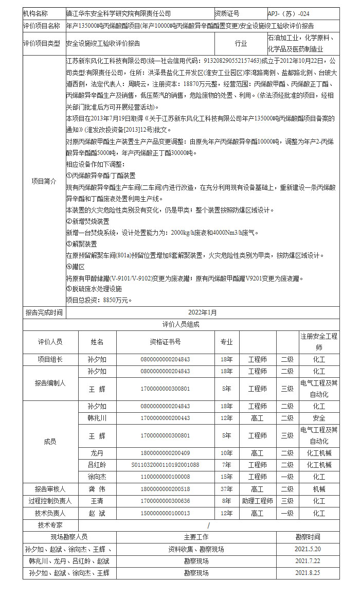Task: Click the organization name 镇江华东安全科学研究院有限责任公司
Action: click(x=119, y=14)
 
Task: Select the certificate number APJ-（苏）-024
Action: click(x=289, y=14)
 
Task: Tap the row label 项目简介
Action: click(x=44, y=181)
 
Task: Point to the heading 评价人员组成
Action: click(x=181, y=324)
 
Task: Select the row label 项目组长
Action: click(x=50, y=359)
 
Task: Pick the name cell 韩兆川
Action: click(x=97, y=418)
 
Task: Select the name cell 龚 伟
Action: click(x=97, y=488)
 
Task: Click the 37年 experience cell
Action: click(x=227, y=488)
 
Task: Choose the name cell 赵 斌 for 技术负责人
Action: click(x=97, y=513)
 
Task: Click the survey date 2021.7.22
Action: click(x=308, y=560)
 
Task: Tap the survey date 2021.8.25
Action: click(x=308, y=572)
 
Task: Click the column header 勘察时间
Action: click(x=308, y=536)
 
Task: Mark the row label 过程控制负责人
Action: click(x=50, y=501)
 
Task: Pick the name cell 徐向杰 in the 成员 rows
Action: click(x=97, y=477)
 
